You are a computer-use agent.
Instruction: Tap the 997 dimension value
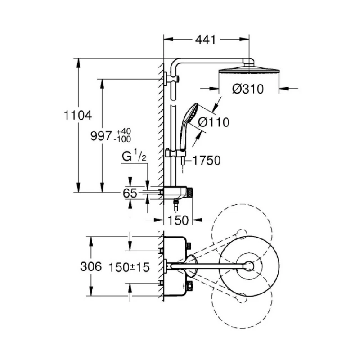(100, 135)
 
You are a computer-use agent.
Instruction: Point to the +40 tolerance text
(124, 130)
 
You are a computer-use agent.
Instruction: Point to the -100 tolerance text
(123, 139)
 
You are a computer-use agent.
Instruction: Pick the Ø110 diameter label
(213, 122)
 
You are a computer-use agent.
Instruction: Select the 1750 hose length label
(207, 161)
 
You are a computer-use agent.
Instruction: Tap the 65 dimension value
(130, 193)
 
